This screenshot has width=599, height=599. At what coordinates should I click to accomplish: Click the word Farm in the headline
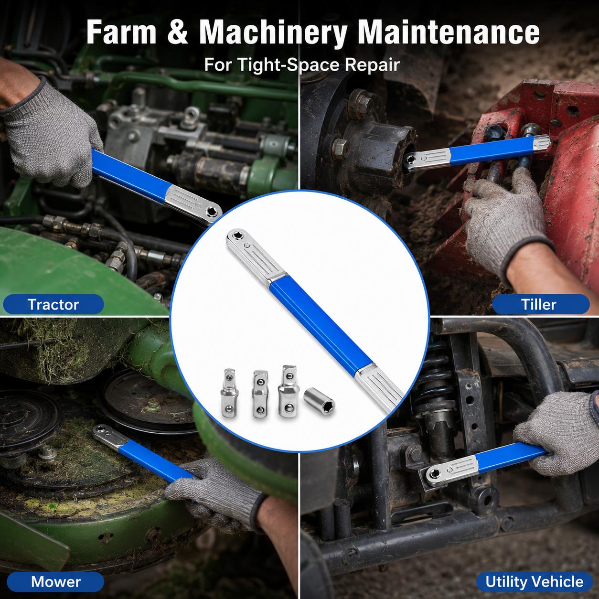coord(121,32)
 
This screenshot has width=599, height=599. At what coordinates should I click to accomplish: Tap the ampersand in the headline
coord(178,32)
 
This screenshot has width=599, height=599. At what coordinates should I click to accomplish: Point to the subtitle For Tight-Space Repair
coord(301,65)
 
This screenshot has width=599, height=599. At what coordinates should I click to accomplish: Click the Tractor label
coord(53,304)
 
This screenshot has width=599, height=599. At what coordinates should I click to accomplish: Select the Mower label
coord(55,582)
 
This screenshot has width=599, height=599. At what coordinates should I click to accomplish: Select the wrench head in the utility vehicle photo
coord(451,470)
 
